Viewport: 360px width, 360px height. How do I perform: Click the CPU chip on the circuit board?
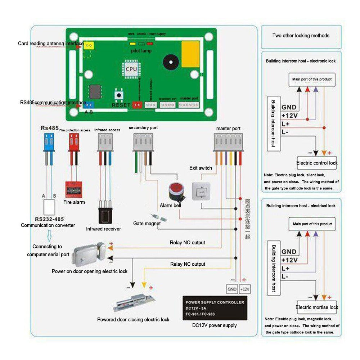click(131, 68)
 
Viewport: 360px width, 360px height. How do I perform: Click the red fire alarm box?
click(74, 188)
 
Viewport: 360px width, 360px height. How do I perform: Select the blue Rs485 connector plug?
click(49, 140)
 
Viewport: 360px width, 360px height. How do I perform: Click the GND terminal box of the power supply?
click(232, 289)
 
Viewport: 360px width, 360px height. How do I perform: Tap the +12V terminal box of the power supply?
click(245, 289)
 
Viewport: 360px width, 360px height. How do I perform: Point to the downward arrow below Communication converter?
click(49, 236)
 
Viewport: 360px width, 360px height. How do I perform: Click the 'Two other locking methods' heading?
click(301, 36)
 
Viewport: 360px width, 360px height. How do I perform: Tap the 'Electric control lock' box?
click(317, 163)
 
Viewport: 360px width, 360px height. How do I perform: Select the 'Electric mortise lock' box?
click(317, 307)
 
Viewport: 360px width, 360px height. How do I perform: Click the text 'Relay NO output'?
click(188, 243)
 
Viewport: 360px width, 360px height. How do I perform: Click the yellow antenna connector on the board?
click(89, 45)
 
